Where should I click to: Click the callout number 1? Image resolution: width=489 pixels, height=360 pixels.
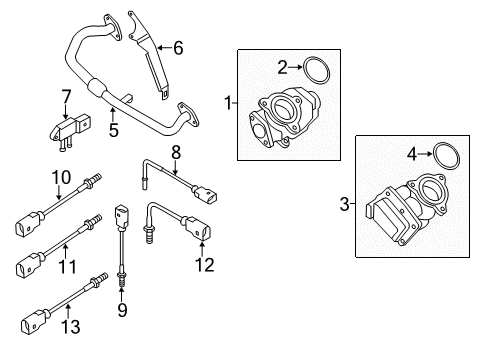pyautogui.click(x=228, y=103)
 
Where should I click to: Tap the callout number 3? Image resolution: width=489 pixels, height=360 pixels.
pyautogui.click(x=344, y=204)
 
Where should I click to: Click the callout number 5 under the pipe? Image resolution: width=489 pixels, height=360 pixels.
pyautogui.click(x=114, y=130)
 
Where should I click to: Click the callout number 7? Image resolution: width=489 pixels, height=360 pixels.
pyautogui.click(x=67, y=97)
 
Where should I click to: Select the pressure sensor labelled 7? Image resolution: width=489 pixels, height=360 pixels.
pyautogui.click(x=71, y=131)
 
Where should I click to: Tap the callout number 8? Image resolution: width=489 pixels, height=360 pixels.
pyautogui.click(x=176, y=152)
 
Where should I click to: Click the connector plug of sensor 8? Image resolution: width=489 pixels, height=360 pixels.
pyautogui.click(x=203, y=195)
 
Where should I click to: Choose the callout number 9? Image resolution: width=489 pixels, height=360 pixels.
pyautogui.click(x=122, y=310)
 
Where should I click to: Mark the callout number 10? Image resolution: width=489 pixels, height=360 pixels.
pyautogui.click(x=61, y=177)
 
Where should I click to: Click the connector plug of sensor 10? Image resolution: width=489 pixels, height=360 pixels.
pyautogui.click(x=29, y=224)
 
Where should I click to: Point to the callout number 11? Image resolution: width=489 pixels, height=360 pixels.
pyautogui.click(x=67, y=267)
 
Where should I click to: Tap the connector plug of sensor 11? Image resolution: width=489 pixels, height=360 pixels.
pyautogui.click(x=30, y=265)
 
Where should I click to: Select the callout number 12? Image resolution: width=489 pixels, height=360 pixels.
pyautogui.click(x=204, y=265)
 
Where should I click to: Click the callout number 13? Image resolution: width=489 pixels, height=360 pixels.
pyautogui.click(x=71, y=327)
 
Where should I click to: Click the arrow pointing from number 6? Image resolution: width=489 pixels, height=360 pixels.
pyautogui.click(x=164, y=48)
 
